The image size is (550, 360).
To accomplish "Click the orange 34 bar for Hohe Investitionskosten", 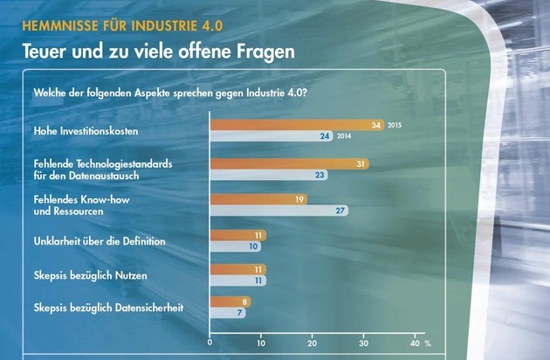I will coord(297,125).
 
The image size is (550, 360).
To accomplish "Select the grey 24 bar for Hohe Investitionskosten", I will coord(272,136).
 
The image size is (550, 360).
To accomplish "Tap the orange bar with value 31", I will coord(289,163).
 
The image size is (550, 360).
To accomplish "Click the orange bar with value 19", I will coord(258,199).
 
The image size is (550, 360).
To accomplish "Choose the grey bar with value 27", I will coord(279,211).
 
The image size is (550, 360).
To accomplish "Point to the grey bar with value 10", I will coord(237,246).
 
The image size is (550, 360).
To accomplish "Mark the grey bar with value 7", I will coord(228,312).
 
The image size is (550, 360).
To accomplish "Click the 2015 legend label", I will coord(395,126).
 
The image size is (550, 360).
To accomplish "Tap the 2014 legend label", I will coord(345,137).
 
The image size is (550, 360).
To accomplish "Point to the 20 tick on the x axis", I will coord(312,342).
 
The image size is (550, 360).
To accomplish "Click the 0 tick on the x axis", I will coord(210,342).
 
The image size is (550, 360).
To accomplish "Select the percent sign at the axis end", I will coord(428,342).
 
